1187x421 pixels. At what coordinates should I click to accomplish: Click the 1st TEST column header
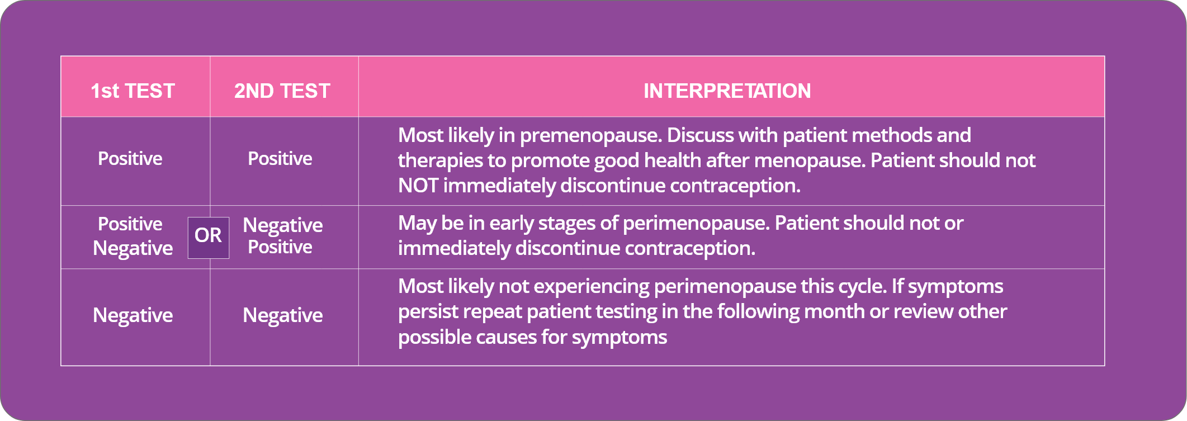point(133,91)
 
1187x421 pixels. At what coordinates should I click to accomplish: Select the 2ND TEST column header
point(282,91)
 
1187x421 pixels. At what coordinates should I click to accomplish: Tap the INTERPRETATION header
point(727,91)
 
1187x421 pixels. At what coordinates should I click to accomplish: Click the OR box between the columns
point(209,238)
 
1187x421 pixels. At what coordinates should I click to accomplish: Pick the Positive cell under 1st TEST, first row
point(130,158)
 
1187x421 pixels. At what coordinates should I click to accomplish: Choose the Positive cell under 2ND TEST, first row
point(280,158)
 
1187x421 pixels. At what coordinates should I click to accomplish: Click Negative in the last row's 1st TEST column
point(133,315)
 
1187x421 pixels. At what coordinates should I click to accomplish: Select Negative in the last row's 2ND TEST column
point(283,315)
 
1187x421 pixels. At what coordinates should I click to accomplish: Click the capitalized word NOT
point(418,185)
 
